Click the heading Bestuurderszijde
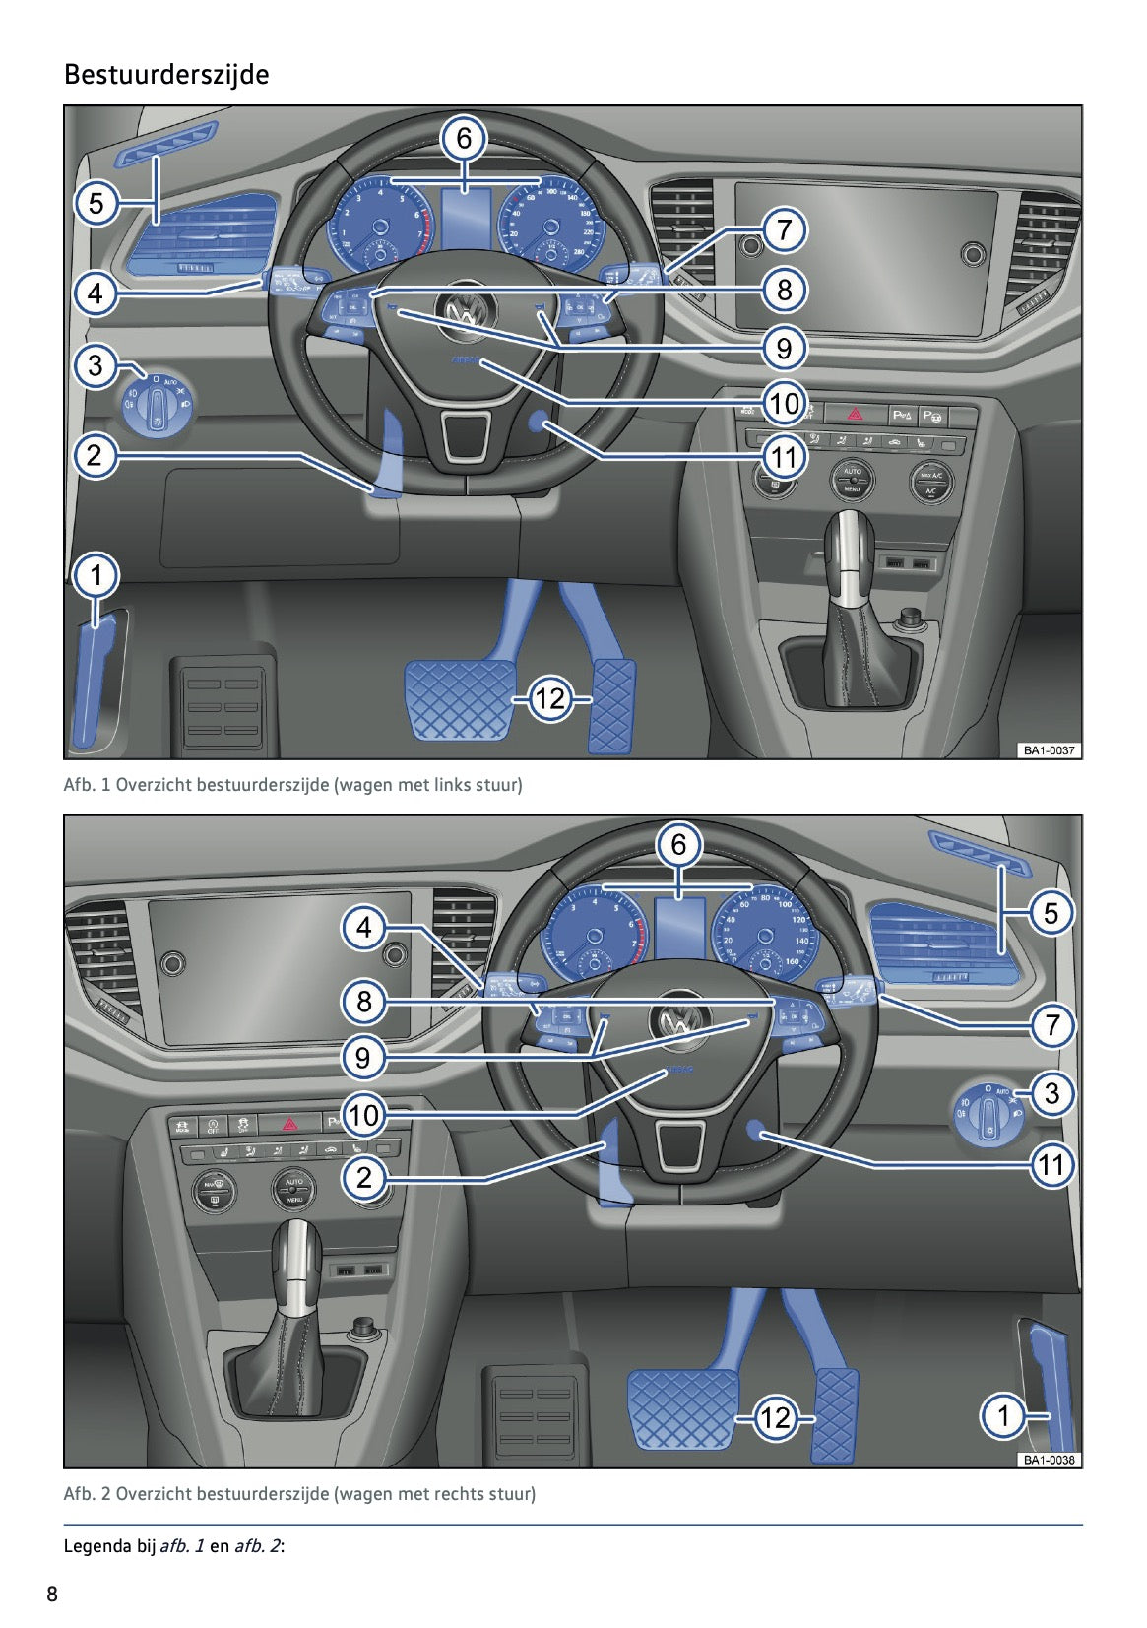(165, 75)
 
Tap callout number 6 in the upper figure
(464, 138)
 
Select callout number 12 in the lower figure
(775, 1417)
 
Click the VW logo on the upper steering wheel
(461, 312)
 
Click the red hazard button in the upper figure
(855, 414)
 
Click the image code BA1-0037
(1049, 750)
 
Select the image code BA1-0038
(1049, 1460)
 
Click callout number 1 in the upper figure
(96, 575)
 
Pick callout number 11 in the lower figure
(1051, 1165)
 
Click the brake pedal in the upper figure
(459, 697)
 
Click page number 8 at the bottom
(52, 1594)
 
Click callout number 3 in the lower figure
(1051, 1092)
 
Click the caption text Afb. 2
(87, 1493)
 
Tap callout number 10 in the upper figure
(784, 402)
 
